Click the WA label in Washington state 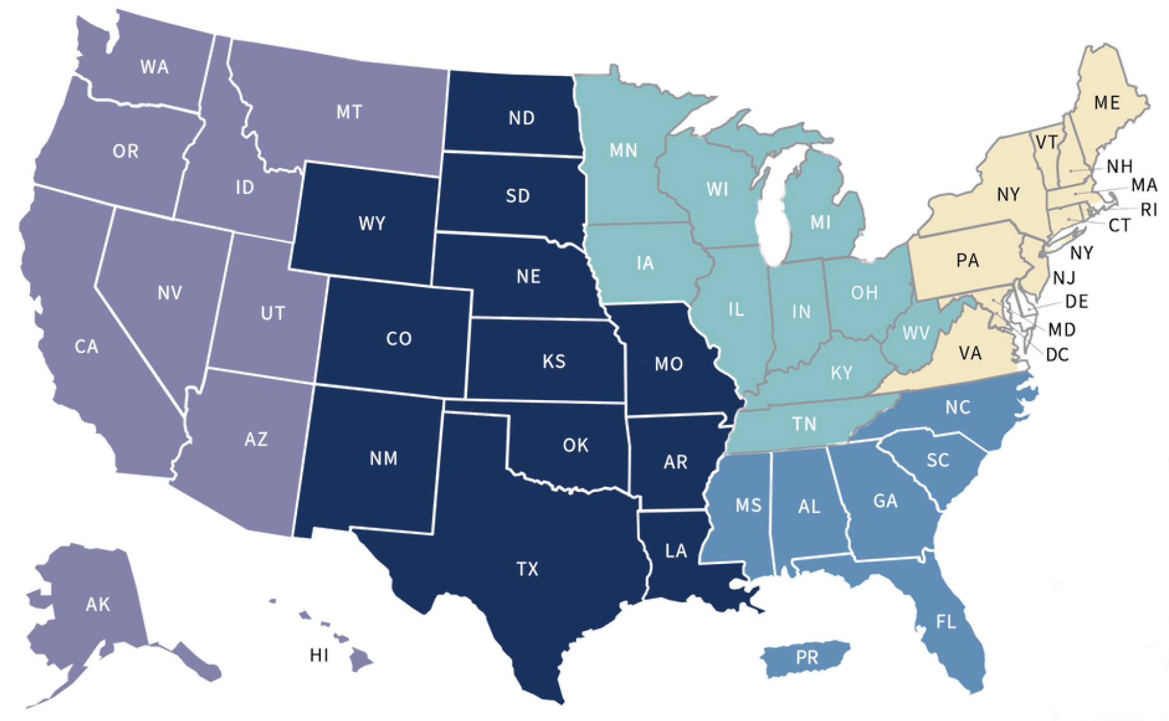154,67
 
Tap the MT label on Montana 349,112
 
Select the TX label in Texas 527,569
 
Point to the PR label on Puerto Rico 807,657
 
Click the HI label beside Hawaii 319,655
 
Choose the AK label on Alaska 98,604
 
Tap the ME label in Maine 1107,103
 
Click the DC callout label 1057,355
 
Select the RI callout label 1149,209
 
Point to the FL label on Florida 946,621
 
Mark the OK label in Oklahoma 576,445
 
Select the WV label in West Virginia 916,333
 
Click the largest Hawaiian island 361,660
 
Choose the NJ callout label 1064,278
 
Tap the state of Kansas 553,362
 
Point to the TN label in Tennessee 804,424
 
